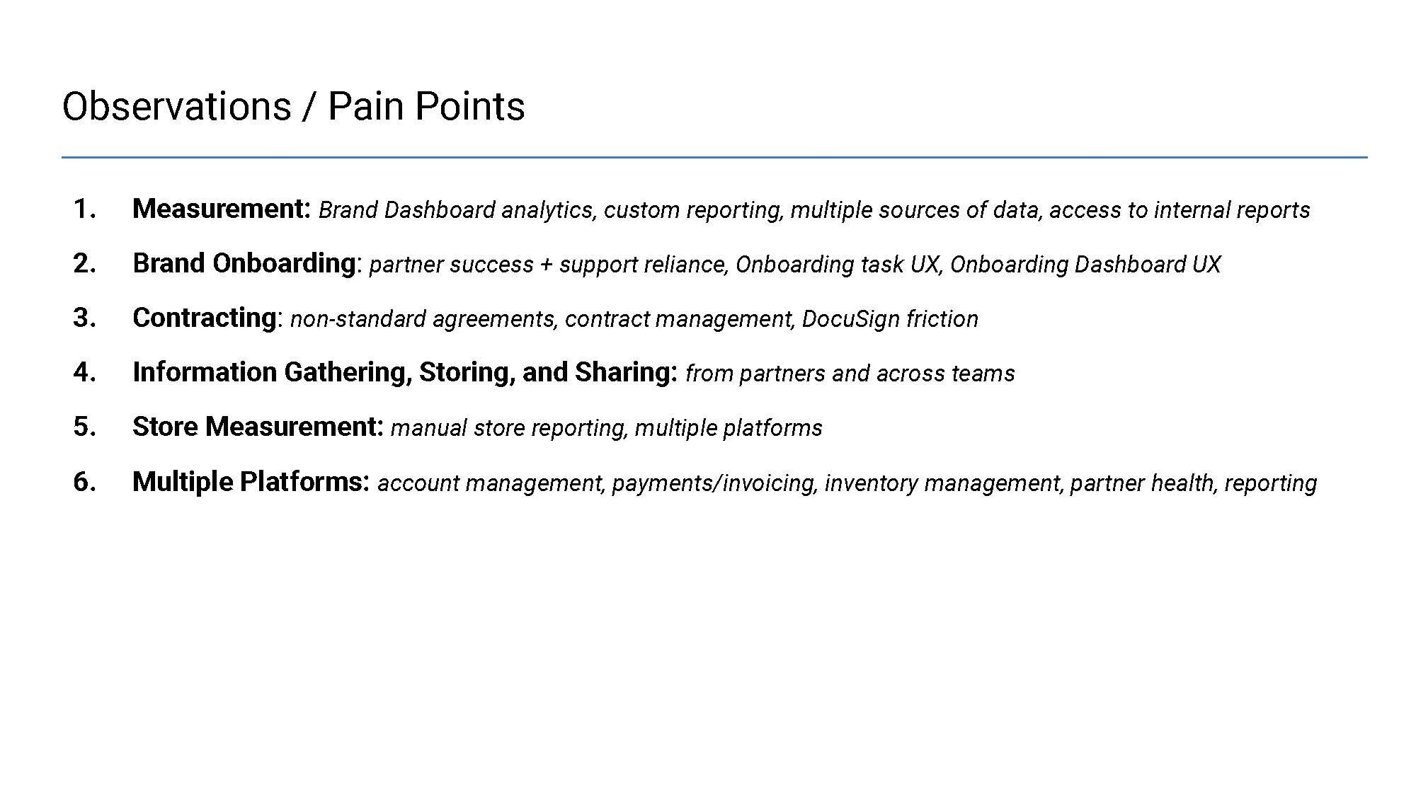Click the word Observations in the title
[176, 107]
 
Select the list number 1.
[84, 209]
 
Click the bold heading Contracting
[204, 318]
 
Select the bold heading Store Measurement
[258, 427]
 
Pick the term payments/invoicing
[714, 483]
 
